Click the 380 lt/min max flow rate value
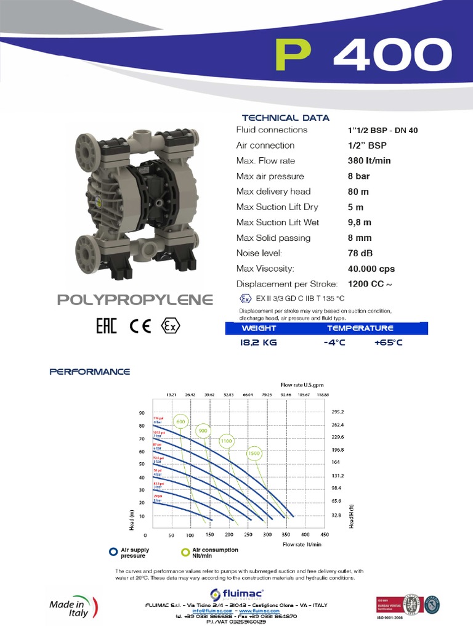(369, 161)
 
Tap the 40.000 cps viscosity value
(370, 269)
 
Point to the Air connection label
(265, 145)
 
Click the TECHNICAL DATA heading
(286, 118)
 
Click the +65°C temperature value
(388, 343)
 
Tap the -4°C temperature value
(336, 343)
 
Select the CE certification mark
(140, 326)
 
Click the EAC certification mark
(106, 326)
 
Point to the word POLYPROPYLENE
(135, 300)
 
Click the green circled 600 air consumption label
(180, 422)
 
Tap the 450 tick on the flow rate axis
(325, 535)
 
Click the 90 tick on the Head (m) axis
(141, 413)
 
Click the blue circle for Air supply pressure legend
(113, 552)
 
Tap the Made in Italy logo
(70, 606)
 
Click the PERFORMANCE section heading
(89, 372)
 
